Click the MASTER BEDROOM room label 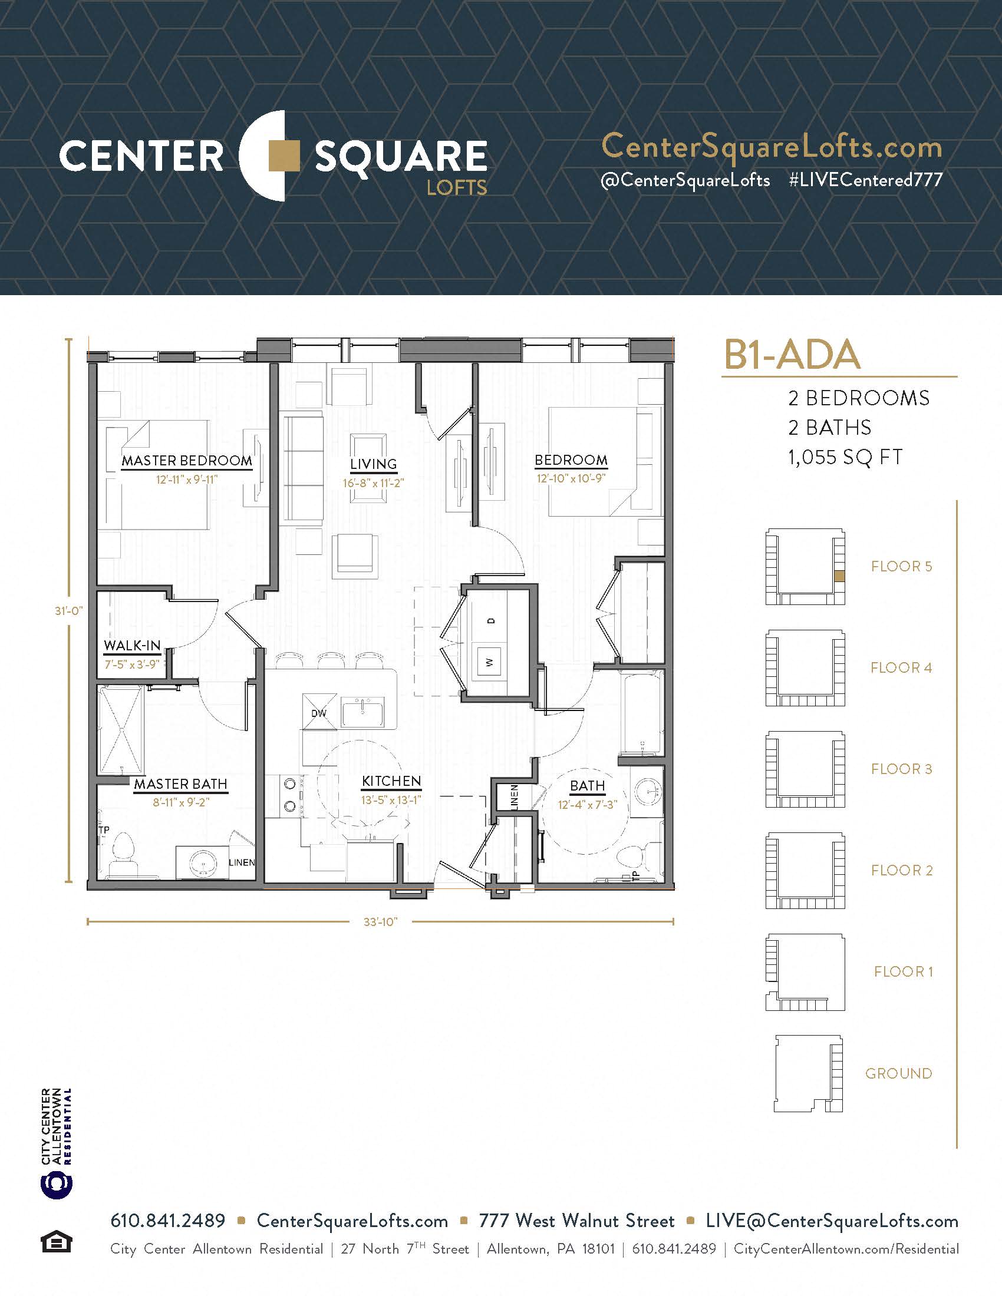coord(187,461)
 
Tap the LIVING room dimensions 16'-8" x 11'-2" coord(373,483)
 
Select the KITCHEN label coord(391,781)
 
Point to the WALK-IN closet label coord(132,646)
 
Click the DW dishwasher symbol coord(319,712)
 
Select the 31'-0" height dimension coord(69,611)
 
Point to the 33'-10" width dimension coord(381,921)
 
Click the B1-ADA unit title coord(792,355)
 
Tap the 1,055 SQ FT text coord(845,458)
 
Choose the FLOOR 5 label coord(902,566)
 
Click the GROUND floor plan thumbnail coord(809,1074)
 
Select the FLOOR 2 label coord(902,870)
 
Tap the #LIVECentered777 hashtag coord(865,180)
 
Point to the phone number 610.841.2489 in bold coord(168,1221)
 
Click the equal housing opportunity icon coord(57,1242)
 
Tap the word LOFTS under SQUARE coord(457,188)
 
